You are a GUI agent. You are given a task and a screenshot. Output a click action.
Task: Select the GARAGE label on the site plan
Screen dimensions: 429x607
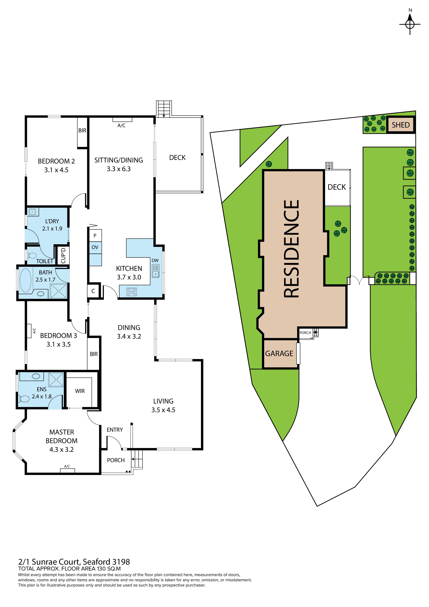(x=279, y=354)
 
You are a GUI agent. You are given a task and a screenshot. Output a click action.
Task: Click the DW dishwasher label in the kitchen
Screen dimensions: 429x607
(x=155, y=260)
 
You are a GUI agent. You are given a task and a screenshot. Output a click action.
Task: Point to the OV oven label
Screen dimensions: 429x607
(x=95, y=247)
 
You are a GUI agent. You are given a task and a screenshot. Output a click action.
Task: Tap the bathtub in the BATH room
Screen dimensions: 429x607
(x=25, y=280)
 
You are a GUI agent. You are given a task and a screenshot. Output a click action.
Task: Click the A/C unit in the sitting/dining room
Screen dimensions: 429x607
(x=122, y=120)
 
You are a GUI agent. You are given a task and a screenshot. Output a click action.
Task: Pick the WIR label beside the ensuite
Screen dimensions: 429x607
(x=80, y=391)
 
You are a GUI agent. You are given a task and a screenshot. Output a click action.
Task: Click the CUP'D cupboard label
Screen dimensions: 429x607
(x=63, y=256)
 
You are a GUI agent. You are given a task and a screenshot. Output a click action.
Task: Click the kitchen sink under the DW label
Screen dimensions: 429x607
(x=155, y=271)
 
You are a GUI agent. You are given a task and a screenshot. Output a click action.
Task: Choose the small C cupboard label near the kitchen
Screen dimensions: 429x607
(x=93, y=291)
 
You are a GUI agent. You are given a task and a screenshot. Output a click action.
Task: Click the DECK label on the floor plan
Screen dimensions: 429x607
(x=177, y=158)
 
